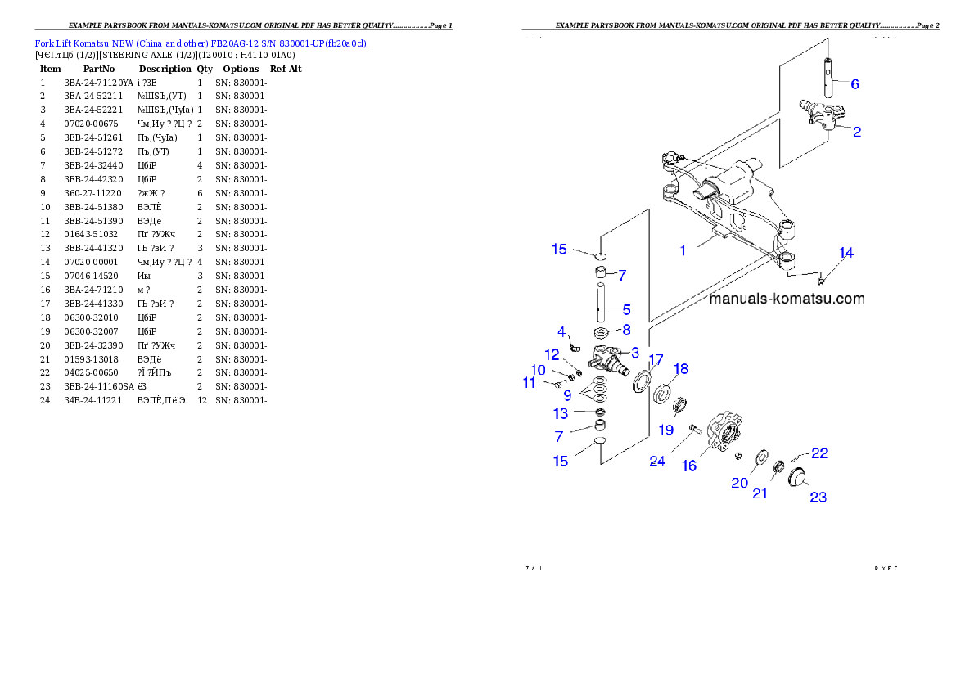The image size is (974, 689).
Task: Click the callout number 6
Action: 855,83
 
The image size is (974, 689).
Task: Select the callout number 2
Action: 856,131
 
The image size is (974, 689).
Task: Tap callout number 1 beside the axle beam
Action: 683,250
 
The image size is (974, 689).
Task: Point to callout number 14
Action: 845,254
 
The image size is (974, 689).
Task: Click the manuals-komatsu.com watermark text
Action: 786,299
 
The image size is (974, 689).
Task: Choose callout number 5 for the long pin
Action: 626,309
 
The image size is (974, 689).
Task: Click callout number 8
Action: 626,330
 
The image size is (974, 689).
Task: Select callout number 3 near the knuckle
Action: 634,352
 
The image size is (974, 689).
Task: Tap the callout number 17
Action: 656,360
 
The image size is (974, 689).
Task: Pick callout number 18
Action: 680,369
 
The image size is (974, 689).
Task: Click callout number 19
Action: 667,430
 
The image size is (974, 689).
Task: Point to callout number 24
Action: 657,462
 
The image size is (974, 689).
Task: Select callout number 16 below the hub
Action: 689,465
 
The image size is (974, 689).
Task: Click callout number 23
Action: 818,497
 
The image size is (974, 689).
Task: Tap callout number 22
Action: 819,453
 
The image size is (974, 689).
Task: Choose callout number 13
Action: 561,413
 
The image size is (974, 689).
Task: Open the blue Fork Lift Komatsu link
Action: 201,43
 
